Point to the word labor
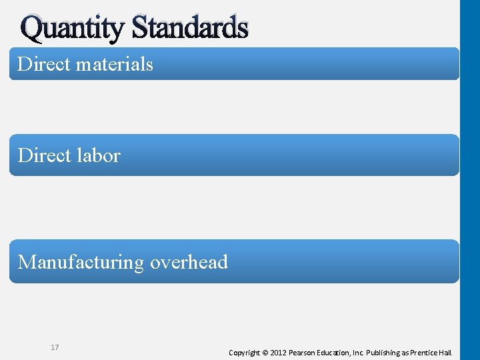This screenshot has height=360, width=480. tap(99, 155)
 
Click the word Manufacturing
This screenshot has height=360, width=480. tap(81, 263)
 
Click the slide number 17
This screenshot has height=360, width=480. tap(54, 347)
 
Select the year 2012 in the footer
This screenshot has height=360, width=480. tap(278, 352)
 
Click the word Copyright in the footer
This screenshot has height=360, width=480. tap(244, 352)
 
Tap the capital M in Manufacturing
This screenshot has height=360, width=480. tap(27, 262)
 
